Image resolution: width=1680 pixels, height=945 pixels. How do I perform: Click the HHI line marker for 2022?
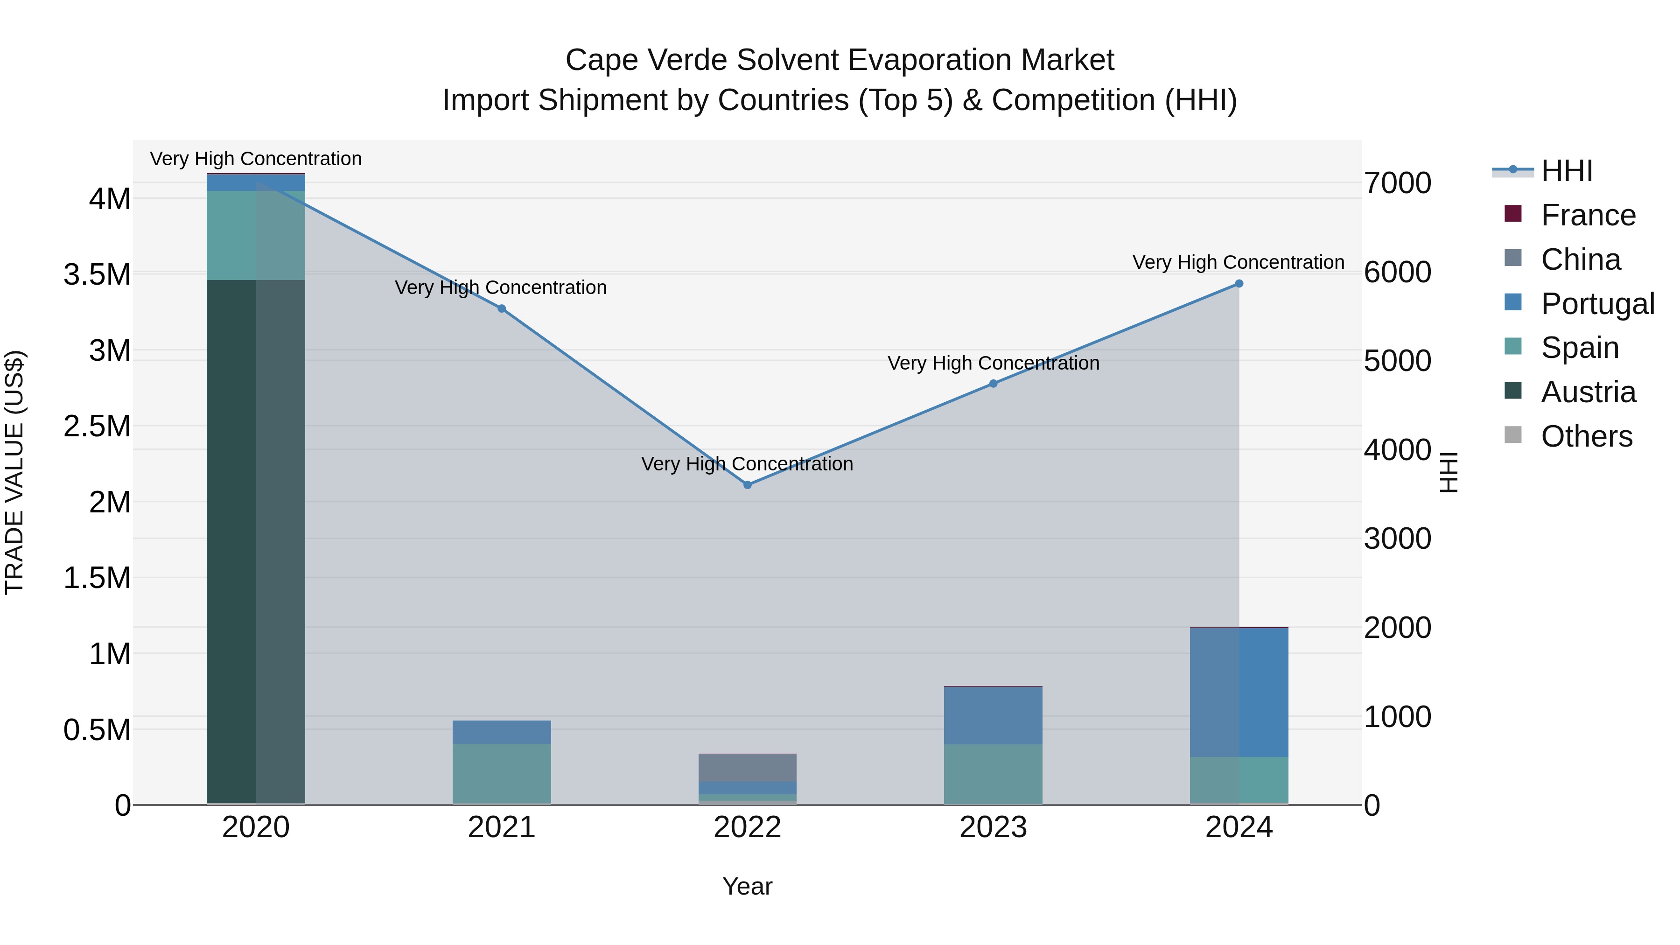click(748, 484)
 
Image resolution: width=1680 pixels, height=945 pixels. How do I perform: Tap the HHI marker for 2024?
click(1239, 284)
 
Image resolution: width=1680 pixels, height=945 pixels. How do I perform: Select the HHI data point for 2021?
click(502, 308)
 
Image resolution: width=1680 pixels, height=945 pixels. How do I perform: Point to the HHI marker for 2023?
click(993, 384)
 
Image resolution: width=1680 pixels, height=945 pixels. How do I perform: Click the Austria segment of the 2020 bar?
click(256, 541)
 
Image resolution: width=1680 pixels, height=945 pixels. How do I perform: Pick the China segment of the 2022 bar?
click(748, 768)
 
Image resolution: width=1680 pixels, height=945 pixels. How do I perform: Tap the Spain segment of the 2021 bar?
click(502, 773)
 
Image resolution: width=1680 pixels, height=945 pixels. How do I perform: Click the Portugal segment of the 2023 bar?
click(993, 715)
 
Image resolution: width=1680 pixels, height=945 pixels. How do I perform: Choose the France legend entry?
click(1588, 215)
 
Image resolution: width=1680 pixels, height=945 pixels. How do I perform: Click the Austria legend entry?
click(1588, 392)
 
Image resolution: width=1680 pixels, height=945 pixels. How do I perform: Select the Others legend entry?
click(1586, 436)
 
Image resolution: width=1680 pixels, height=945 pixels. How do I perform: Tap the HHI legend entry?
click(1567, 171)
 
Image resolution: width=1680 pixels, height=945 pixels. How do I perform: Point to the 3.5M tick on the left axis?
click(97, 274)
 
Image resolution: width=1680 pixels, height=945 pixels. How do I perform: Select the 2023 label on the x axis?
click(993, 827)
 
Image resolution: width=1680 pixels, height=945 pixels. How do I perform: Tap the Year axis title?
click(748, 886)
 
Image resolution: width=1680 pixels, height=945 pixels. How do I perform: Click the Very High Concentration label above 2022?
click(748, 464)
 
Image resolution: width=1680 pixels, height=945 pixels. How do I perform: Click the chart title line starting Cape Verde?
click(840, 60)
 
